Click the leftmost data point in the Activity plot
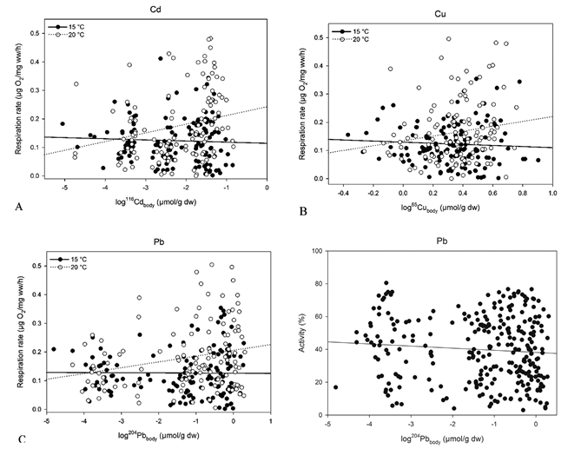point(335,386)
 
